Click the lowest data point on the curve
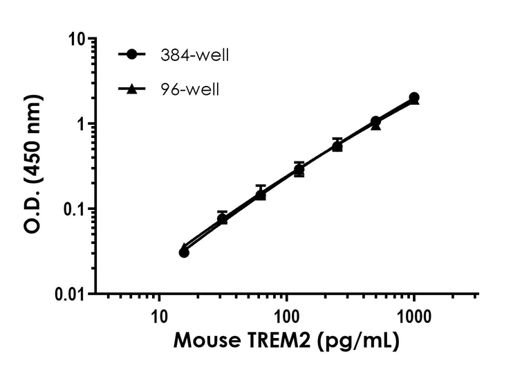point(184,252)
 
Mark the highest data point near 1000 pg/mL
point(413,98)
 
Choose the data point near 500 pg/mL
point(375,123)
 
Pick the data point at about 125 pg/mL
point(299,170)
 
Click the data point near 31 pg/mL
point(222,219)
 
